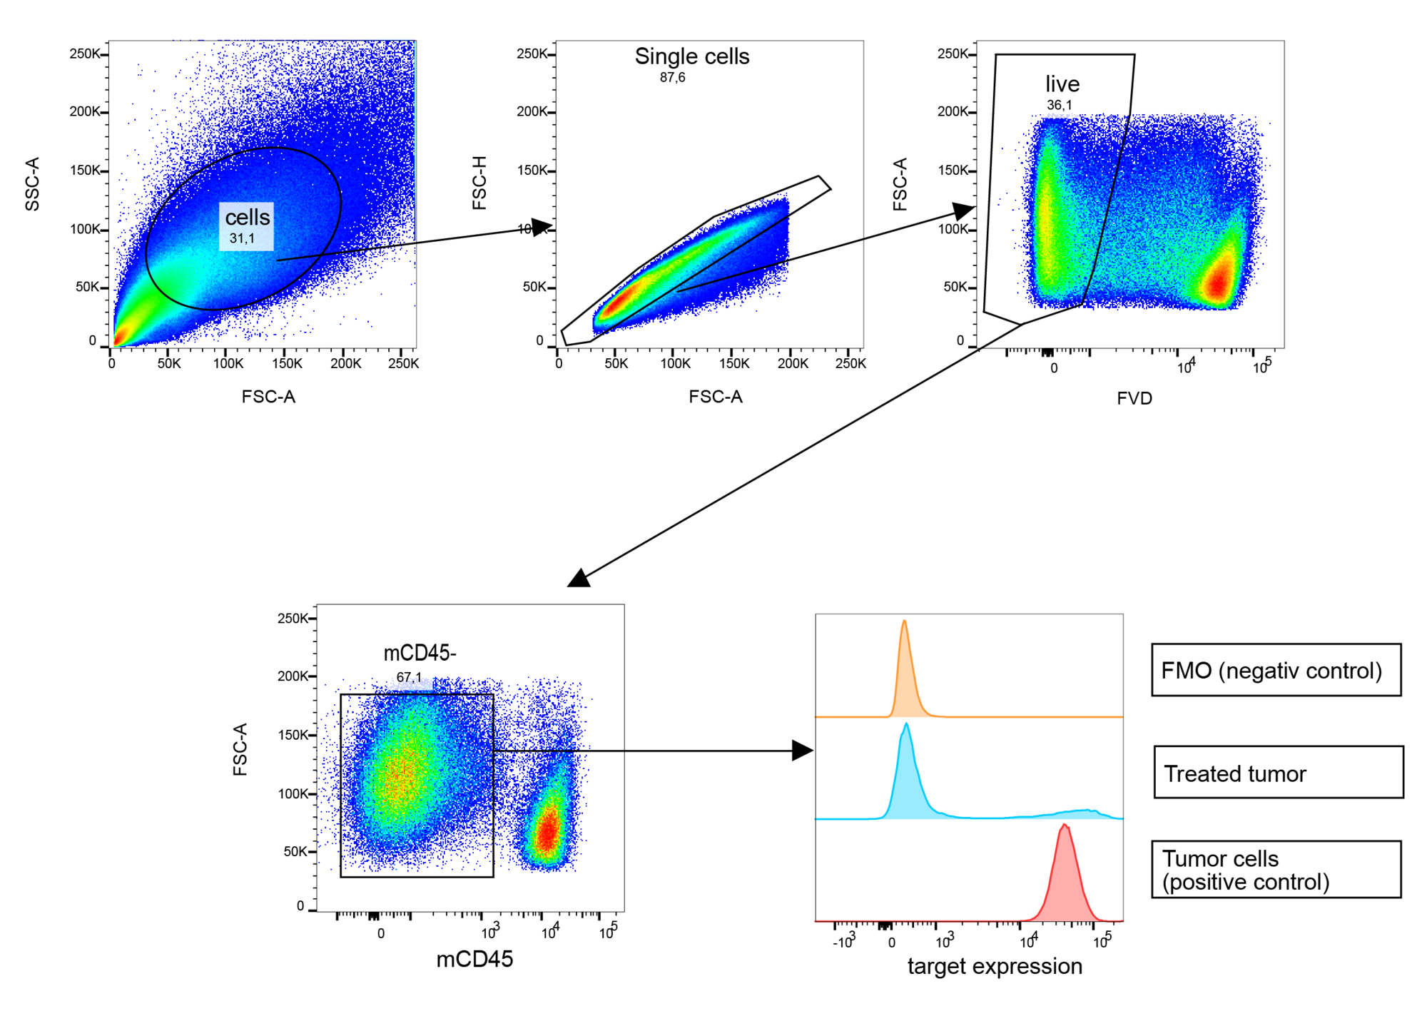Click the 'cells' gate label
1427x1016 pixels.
(x=248, y=218)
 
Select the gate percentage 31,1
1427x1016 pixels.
(x=242, y=238)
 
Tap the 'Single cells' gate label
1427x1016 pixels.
(x=692, y=56)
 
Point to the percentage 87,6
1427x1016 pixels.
(x=672, y=78)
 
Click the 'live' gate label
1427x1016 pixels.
(x=1062, y=84)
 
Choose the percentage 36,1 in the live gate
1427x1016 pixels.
(x=1059, y=105)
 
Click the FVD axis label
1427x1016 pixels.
(x=1134, y=398)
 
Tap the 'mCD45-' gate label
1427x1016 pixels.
(x=420, y=653)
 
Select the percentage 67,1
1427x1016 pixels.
(x=409, y=677)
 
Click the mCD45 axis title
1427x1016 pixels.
(x=474, y=960)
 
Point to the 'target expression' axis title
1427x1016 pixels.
(x=995, y=966)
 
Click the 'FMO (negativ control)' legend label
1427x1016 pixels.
(x=1271, y=671)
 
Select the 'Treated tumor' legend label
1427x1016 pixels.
(x=1235, y=773)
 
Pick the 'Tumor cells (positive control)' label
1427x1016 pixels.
(x=1246, y=870)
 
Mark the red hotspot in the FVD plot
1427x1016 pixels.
(x=1219, y=282)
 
